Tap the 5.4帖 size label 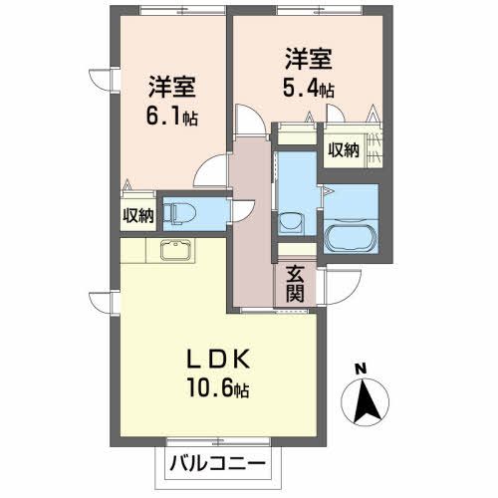[x=308, y=88]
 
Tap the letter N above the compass [x=363, y=371]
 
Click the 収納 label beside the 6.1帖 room [x=138, y=215]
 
